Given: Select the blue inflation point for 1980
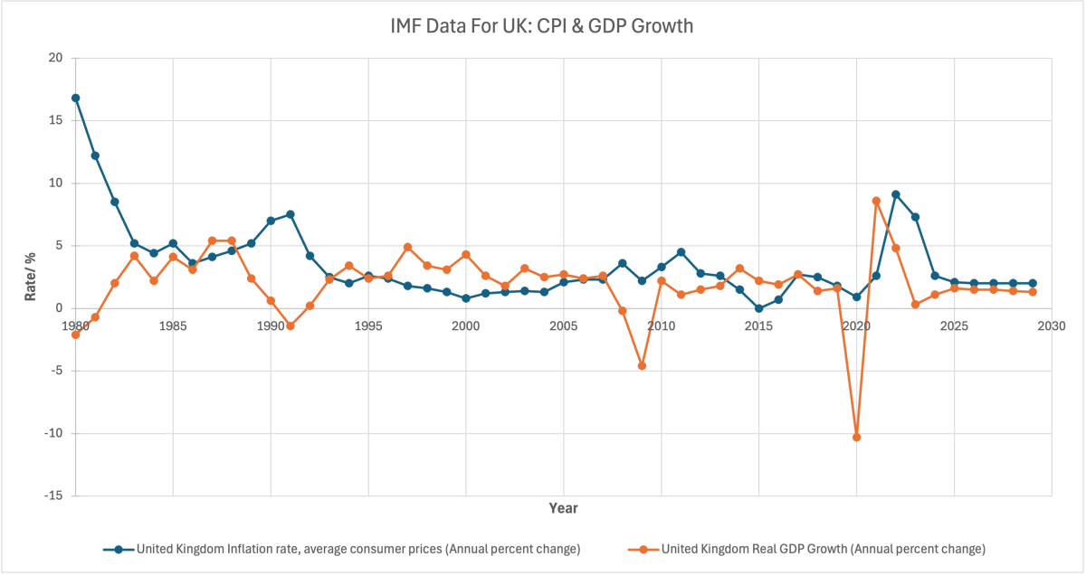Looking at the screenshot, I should click(76, 98).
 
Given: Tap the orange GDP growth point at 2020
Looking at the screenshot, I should click(856, 437).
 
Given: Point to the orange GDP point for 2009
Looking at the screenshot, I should click(642, 365).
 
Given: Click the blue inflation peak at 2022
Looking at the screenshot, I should click(895, 194).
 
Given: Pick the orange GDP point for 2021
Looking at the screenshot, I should click(876, 201).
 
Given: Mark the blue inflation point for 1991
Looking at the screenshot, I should click(291, 214).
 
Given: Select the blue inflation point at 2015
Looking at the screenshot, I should click(758, 308).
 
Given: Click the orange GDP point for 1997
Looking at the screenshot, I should click(407, 247).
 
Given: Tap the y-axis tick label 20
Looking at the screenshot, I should click(55, 58).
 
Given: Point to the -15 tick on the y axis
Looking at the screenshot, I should click(53, 495).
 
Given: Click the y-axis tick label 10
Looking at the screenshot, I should click(55, 183).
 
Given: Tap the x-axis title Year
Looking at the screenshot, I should click(563, 508).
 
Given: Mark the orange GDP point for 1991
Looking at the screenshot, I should click(291, 325).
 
